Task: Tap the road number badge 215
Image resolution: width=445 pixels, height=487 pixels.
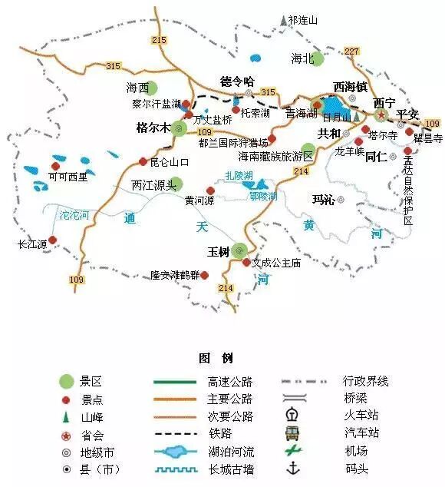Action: coord(160,40)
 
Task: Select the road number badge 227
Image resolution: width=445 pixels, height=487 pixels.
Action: coord(352,51)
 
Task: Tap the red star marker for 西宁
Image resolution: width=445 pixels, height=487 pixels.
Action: coord(381,114)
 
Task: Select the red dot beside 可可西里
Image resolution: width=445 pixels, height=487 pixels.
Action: coord(54,165)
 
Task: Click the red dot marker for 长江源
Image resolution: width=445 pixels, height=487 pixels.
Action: coord(52,240)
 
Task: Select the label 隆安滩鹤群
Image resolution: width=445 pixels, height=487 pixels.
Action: coord(174,275)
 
